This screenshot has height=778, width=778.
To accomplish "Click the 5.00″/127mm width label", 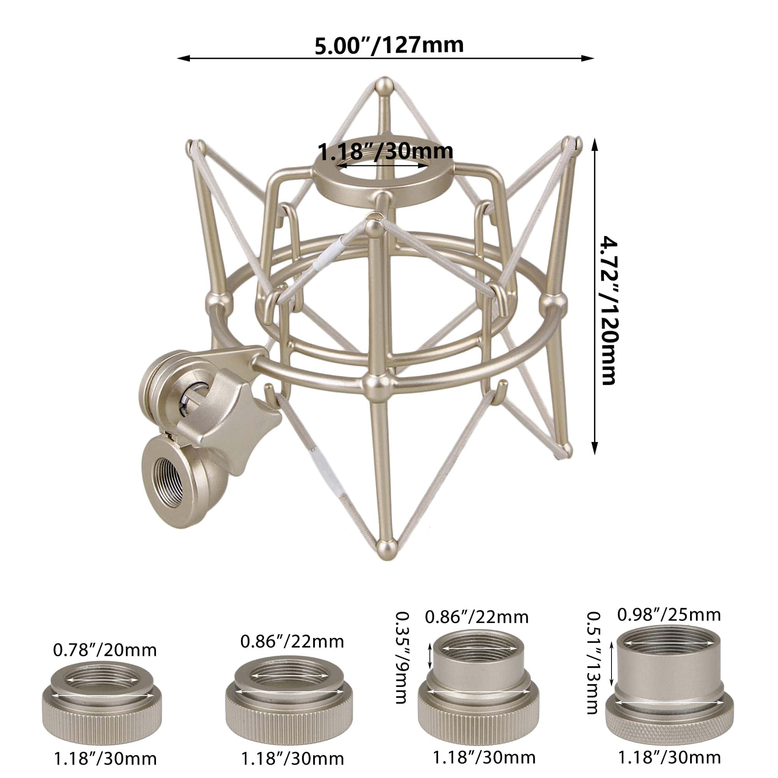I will point(389,45).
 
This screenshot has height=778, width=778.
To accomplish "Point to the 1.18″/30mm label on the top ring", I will point(385,151).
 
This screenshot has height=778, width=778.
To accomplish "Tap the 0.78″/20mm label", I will point(105,650).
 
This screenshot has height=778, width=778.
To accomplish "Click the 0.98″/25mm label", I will point(669,615).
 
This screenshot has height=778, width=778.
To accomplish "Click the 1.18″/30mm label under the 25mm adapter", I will point(669,757).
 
